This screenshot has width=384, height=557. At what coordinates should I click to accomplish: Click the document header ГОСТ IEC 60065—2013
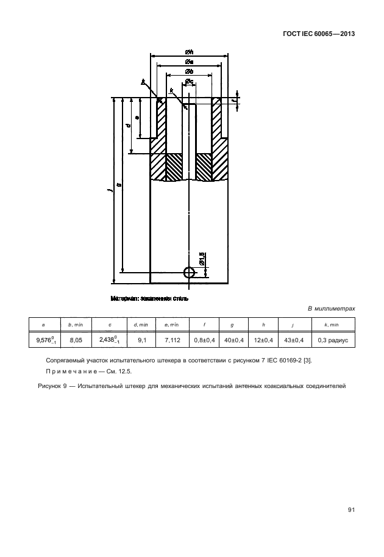pos(319,34)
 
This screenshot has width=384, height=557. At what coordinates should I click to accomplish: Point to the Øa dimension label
pos(189,61)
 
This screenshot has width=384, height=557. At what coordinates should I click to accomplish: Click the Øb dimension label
pos(189,71)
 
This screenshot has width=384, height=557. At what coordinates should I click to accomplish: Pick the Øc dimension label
pos(189,81)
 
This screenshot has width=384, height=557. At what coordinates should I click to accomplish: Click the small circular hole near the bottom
pos(190,271)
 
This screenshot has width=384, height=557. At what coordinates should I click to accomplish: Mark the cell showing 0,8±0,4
pos(204,340)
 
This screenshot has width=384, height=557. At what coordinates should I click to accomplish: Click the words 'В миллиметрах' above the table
pos(331,309)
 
